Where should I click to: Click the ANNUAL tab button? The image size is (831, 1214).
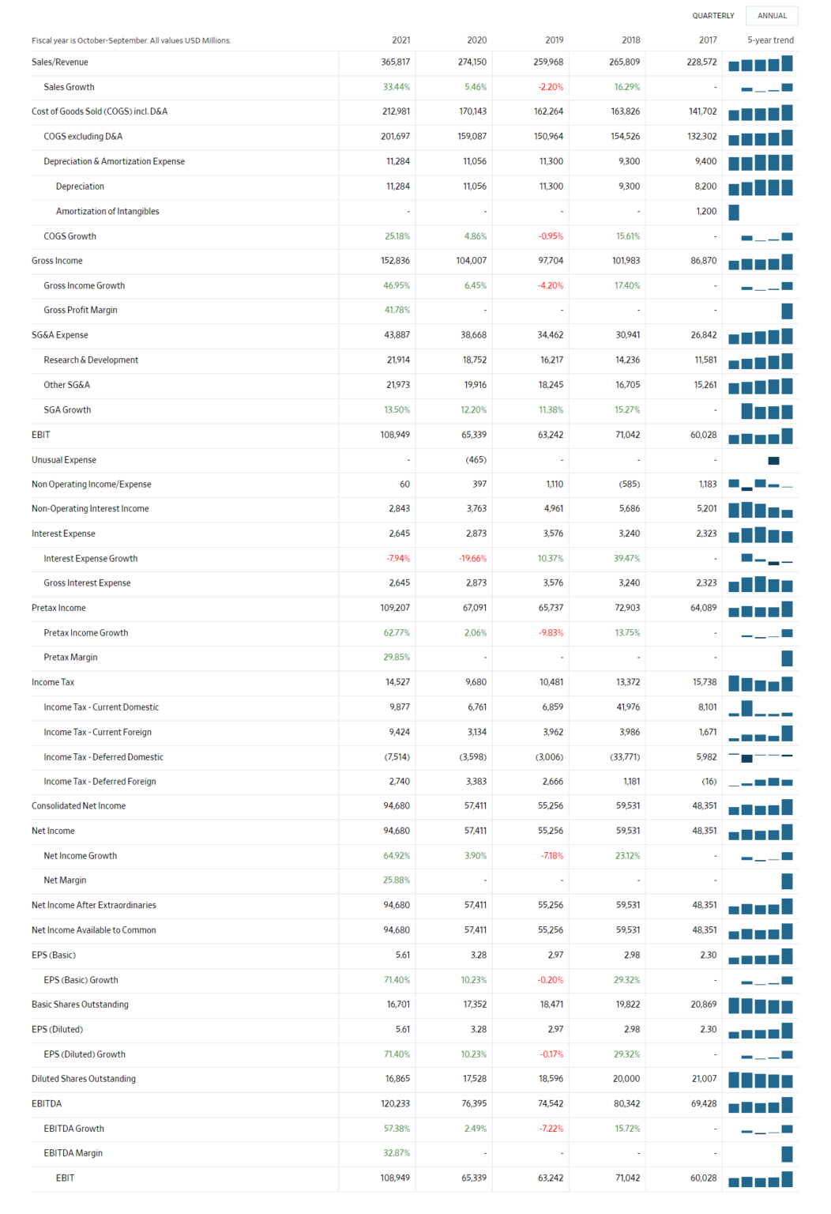click(x=772, y=16)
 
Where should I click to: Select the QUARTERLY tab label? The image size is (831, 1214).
click(x=713, y=16)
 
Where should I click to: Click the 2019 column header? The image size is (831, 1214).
click(x=554, y=40)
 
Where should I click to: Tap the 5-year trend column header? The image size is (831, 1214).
click(x=770, y=40)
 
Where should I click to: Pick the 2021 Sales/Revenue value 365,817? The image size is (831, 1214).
click(x=395, y=62)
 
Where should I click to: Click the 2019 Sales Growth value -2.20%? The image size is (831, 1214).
click(x=551, y=87)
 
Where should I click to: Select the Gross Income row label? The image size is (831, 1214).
click(x=57, y=261)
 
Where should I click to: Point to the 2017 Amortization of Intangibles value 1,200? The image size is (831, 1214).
click(x=706, y=211)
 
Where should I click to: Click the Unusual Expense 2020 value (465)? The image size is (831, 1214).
click(x=476, y=460)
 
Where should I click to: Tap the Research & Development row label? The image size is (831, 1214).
click(x=91, y=360)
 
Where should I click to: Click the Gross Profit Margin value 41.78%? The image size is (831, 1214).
click(x=397, y=311)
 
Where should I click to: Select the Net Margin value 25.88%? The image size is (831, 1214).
click(x=397, y=880)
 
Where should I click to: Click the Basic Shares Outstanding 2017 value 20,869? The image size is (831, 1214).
click(x=703, y=1005)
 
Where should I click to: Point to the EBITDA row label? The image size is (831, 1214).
click(x=47, y=1104)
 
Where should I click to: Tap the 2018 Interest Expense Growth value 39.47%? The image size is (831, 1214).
click(x=627, y=559)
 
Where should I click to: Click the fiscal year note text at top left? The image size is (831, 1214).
click(x=131, y=40)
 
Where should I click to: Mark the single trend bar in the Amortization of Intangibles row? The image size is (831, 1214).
click(x=734, y=212)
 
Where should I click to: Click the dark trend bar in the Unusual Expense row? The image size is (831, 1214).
click(x=773, y=461)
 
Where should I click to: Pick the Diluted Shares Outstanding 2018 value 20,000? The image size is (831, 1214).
click(x=626, y=1079)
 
